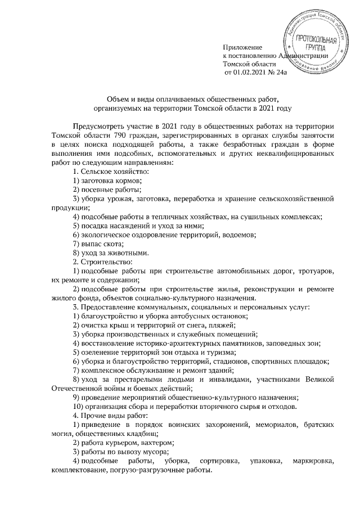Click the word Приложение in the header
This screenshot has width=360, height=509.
(242, 46)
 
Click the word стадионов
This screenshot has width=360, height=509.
(235, 363)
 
